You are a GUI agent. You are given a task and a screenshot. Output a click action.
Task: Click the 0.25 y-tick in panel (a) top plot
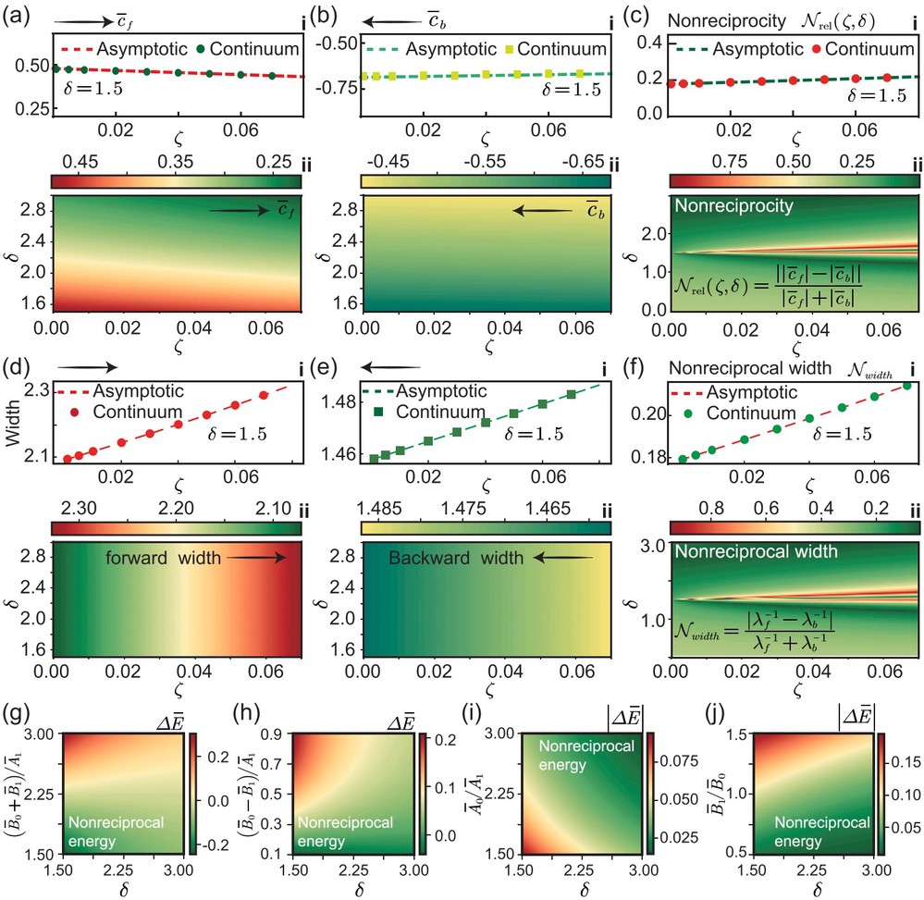point(31,109)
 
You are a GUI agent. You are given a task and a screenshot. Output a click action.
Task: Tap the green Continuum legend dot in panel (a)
point(200,49)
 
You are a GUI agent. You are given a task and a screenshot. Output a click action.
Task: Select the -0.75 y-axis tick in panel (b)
point(336,88)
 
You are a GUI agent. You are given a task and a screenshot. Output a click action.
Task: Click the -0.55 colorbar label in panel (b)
point(485,161)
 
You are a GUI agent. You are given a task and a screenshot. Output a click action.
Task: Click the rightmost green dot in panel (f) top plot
point(907,386)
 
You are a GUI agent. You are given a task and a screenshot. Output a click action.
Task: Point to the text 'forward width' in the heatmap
point(163,558)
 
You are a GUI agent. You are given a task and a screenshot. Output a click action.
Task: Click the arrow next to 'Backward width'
point(563,557)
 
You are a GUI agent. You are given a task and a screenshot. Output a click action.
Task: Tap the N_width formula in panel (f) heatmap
point(755,631)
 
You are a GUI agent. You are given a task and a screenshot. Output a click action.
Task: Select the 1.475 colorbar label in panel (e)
point(464,508)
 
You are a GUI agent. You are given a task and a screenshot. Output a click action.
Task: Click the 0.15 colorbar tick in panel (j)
point(906,762)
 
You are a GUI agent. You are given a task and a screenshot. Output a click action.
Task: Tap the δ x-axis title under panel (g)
point(124,889)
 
